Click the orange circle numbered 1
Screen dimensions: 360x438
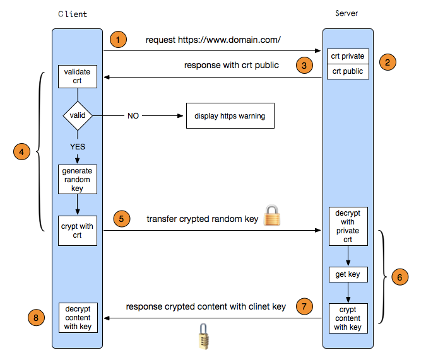(x=118, y=40)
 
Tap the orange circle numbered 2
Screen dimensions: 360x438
(x=388, y=62)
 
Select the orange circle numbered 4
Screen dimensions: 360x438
(x=22, y=152)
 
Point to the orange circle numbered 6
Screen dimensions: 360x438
(x=400, y=276)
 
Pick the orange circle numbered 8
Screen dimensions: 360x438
(x=36, y=318)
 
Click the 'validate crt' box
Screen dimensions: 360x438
(x=77, y=77)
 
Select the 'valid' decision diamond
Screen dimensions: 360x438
(x=77, y=115)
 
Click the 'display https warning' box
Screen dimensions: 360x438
(x=230, y=116)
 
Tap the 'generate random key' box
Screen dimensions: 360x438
(x=77, y=180)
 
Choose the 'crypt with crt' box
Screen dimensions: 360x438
(x=77, y=231)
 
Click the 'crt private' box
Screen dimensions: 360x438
(x=348, y=56)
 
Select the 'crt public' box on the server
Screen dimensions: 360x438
(x=348, y=71)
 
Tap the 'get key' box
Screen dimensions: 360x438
(x=348, y=274)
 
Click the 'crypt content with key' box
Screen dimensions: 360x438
(x=348, y=318)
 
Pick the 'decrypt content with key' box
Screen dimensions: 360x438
(x=77, y=318)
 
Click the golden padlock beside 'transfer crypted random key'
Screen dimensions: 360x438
(x=271, y=216)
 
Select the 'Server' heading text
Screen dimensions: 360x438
(x=347, y=13)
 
